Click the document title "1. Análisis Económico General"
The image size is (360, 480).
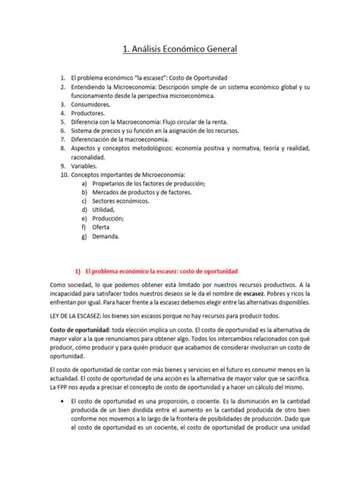click(x=180, y=49)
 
